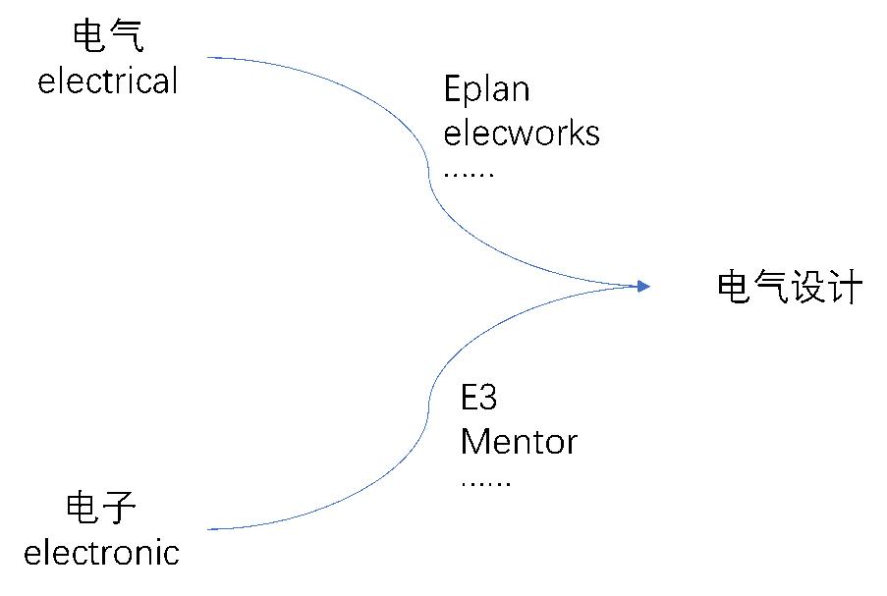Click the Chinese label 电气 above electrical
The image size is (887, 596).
(108, 37)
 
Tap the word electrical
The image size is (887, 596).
(108, 81)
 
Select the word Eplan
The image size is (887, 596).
(486, 90)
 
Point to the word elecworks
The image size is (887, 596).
(522, 133)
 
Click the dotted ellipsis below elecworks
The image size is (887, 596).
(469, 174)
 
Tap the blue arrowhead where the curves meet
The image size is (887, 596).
(642, 286)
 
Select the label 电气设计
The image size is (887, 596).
(790, 289)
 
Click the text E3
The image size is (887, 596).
(479, 400)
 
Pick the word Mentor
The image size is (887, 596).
(519, 442)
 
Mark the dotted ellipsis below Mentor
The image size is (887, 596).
(485, 483)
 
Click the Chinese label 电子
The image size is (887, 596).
(101, 510)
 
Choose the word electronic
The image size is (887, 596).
(101, 553)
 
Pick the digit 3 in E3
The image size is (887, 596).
(488, 400)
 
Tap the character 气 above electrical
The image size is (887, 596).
(127, 37)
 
